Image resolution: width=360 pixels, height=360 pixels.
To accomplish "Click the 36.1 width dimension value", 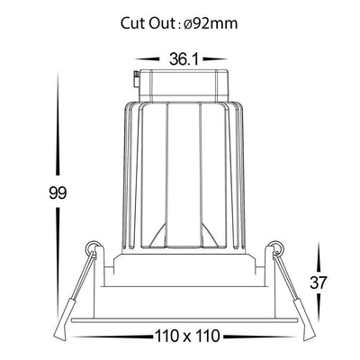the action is tap(184, 59).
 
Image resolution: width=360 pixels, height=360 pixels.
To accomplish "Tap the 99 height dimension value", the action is tap(58, 193).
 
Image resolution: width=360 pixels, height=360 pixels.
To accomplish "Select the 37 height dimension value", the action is tap(318, 283).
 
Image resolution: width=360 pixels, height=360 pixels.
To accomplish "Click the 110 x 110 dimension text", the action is tap(187, 336).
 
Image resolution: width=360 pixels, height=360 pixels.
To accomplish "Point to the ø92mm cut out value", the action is tap(210, 23).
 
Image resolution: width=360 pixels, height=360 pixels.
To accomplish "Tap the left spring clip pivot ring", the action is tap(93, 247).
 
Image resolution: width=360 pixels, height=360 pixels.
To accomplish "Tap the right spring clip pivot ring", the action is tap(276, 247).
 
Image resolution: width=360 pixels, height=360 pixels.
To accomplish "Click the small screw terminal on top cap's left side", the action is tap(137, 80).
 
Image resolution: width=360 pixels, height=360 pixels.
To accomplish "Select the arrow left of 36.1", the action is tap(148, 59).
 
